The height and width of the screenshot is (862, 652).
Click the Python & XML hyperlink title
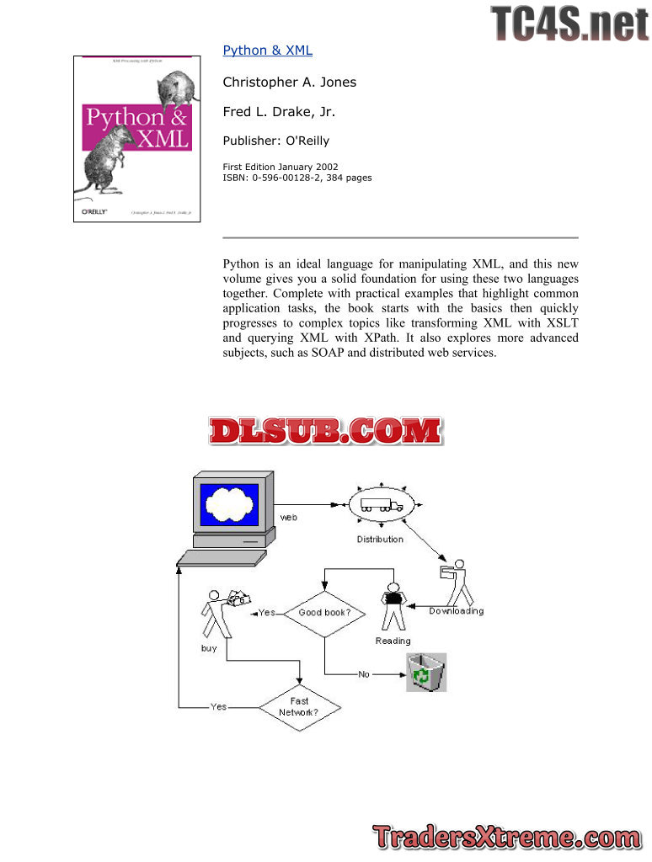tap(267, 51)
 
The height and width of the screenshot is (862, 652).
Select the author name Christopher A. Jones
tap(289, 82)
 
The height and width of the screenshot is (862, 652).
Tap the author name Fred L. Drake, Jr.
tap(279, 112)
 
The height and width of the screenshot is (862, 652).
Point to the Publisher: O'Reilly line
tap(275, 141)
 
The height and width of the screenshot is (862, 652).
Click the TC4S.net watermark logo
tap(569, 23)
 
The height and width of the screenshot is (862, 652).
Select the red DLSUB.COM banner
tap(326, 431)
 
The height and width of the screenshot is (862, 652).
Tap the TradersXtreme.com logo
tap(506, 838)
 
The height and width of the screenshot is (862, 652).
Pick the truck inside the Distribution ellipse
tap(382, 506)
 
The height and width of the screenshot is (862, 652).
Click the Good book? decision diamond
tap(324, 613)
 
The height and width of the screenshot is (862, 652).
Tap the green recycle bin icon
tap(425, 673)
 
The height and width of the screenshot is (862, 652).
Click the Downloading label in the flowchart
tap(456, 611)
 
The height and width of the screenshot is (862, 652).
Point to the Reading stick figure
tap(393, 606)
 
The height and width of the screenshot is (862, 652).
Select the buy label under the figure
tap(209, 648)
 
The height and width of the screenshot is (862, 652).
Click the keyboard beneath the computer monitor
tap(222, 558)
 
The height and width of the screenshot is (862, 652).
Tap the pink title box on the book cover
tap(136, 127)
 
